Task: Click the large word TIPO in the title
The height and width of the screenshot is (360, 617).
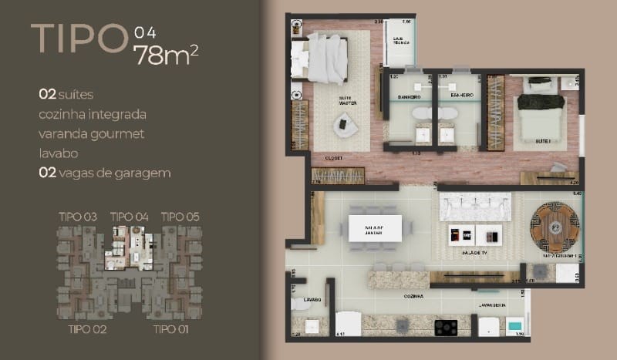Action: click(x=77, y=39)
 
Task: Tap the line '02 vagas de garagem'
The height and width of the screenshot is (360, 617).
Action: click(x=104, y=173)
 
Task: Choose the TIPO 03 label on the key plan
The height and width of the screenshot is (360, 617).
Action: click(x=77, y=217)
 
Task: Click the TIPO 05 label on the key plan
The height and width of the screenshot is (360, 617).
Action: click(x=180, y=217)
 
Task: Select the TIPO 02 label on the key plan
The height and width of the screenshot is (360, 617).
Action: click(x=87, y=330)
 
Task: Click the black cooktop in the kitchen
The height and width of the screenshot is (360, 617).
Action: click(x=447, y=328)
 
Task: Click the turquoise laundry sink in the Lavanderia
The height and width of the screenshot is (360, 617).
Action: click(x=514, y=328)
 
